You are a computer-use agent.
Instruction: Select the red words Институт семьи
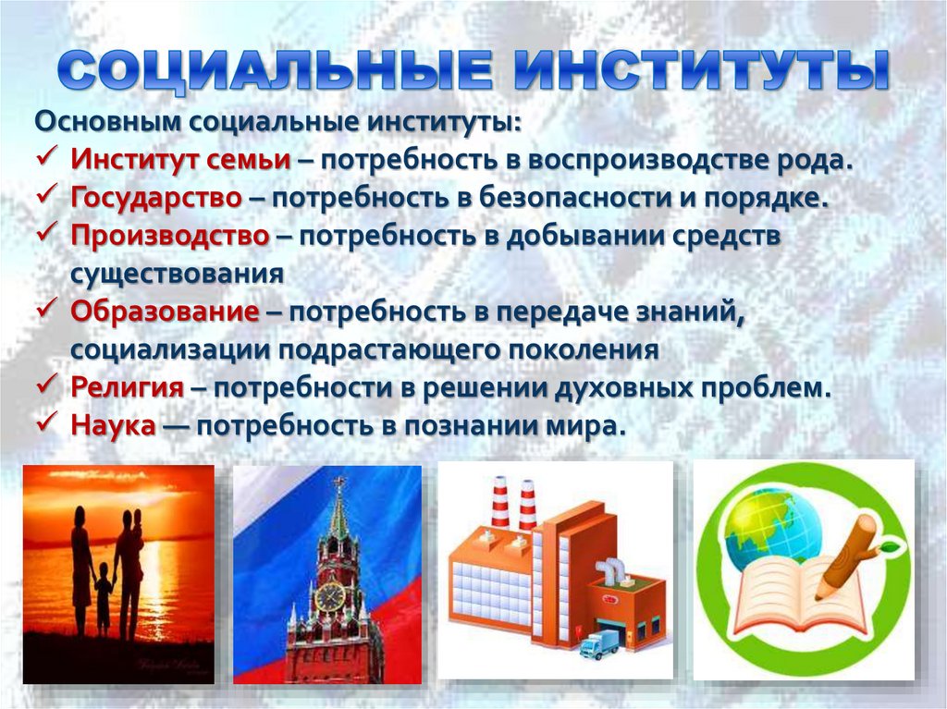(x=179, y=159)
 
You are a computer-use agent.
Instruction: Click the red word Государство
(x=156, y=197)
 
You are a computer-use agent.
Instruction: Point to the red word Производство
(x=169, y=235)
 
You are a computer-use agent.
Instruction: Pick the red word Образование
(x=164, y=312)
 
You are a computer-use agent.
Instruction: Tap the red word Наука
(x=111, y=425)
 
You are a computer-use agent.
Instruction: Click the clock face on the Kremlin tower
(x=330, y=597)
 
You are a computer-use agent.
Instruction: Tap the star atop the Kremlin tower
(x=339, y=483)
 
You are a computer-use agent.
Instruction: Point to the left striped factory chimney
(x=500, y=504)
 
